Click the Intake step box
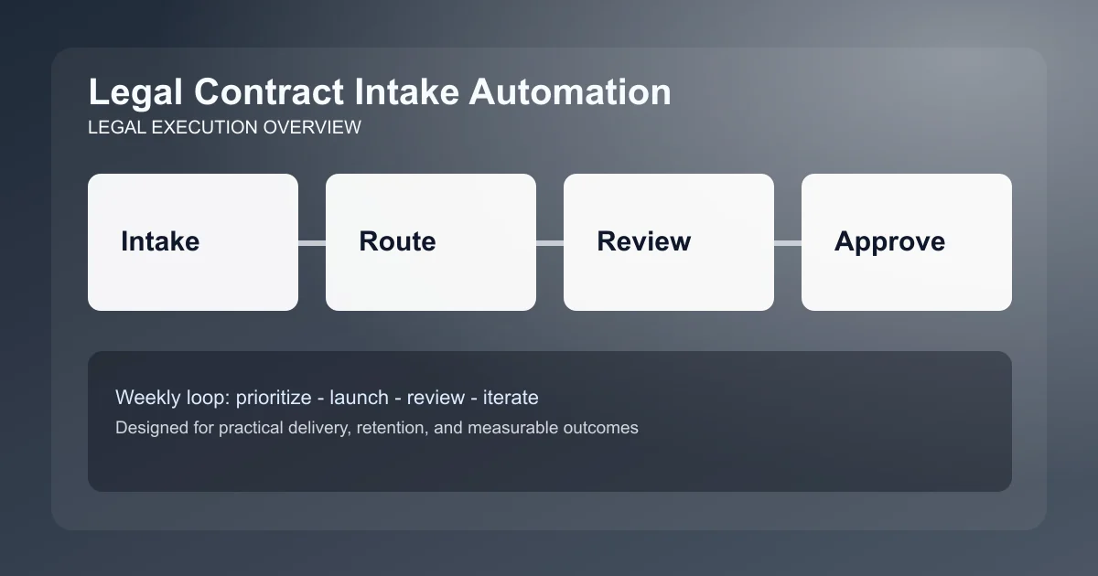(x=193, y=242)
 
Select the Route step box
(x=431, y=242)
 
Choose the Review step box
(x=669, y=242)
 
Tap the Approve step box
(x=907, y=242)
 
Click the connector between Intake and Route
(x=312, y=242)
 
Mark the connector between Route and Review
(x=550, y=242)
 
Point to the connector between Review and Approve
(x=788, y=242)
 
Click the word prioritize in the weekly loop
(x=275, y=398)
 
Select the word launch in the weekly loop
(x=358, y=398)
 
